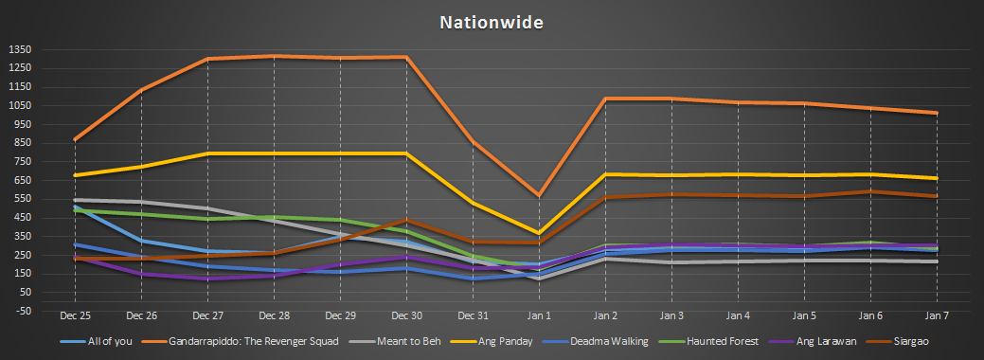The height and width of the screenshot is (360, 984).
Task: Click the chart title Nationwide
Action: (x=492, y=22)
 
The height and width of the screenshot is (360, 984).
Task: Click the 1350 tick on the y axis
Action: (x=19, y=49)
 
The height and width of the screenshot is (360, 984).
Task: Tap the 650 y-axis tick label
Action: (x=21, y=180)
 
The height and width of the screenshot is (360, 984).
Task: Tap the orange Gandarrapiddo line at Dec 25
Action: (x=74, y=140)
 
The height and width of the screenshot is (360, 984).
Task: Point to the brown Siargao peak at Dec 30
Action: (x=405, y=221)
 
